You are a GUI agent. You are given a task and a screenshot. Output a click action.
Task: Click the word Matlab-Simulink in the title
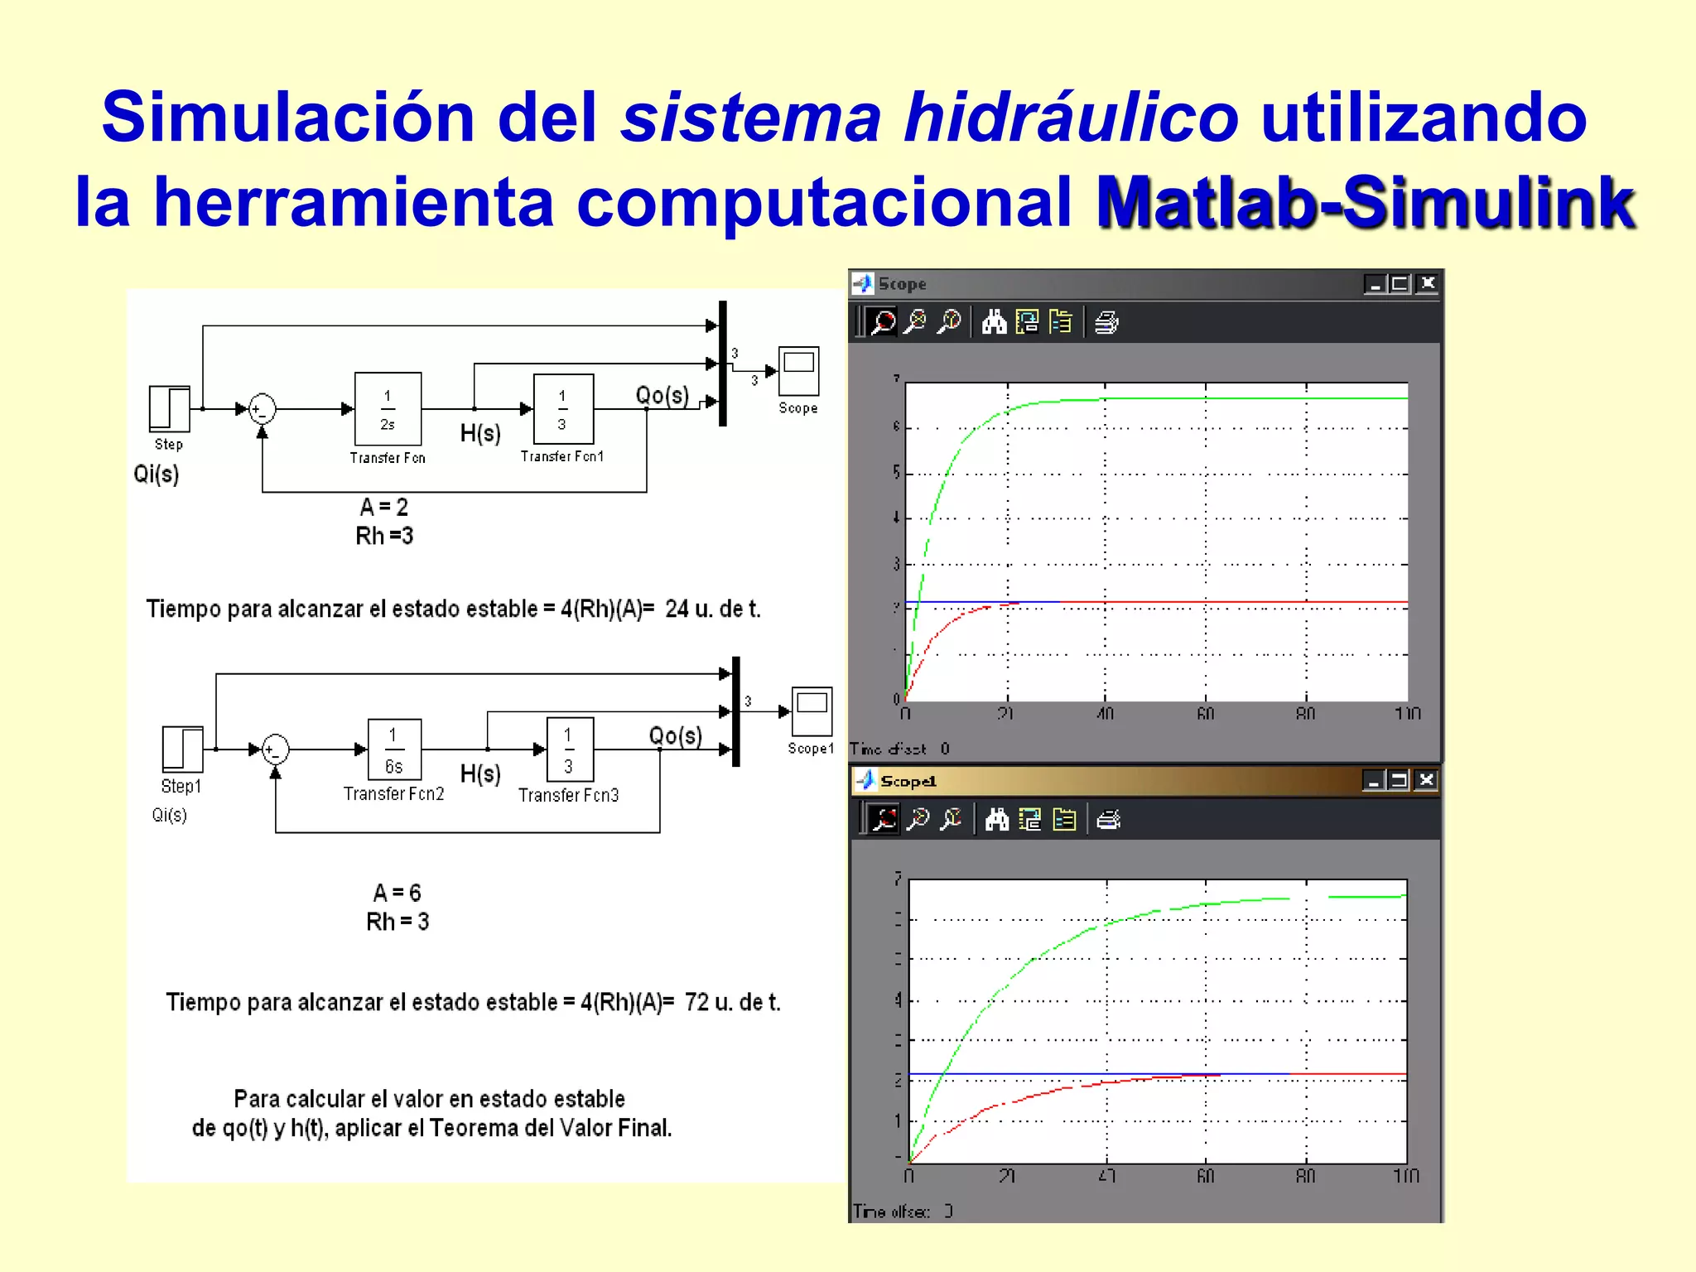pos(1365,203)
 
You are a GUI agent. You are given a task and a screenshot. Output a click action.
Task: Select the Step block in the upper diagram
pos(170,408)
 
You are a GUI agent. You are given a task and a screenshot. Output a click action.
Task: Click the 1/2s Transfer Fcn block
pos(388,409)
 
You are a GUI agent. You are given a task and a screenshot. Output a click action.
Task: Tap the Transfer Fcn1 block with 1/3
pos(563,409)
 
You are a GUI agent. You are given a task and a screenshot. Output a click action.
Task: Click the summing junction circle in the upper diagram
pos(263,409)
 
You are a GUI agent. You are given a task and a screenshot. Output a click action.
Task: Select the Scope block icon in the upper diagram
pos(798,371)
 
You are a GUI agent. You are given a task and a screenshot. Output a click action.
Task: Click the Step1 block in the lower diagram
pos(182,749)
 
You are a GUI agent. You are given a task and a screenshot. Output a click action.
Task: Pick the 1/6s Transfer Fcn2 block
pos(394,749)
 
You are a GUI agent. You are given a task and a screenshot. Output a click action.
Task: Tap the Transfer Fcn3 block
pos(569,749)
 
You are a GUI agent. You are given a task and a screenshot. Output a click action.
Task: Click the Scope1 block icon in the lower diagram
pos(812,711)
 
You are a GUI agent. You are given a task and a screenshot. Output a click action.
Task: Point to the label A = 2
pos(384,507)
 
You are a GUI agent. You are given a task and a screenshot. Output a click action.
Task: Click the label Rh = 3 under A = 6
pos(397,922)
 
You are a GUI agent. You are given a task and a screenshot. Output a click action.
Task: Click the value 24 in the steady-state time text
pos(677,609)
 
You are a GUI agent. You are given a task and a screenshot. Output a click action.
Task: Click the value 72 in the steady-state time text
pos(696,1003)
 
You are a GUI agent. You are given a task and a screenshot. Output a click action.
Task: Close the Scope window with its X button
pos(1427,284)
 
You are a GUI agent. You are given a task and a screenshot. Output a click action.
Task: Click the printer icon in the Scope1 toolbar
pos(1108,820)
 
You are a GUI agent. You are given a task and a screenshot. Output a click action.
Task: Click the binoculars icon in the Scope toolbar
pos(994,322)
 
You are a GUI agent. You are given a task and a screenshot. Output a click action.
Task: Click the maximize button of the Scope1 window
pos(1400,780)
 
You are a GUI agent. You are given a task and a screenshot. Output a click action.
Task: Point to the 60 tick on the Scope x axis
pos(1206,714)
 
